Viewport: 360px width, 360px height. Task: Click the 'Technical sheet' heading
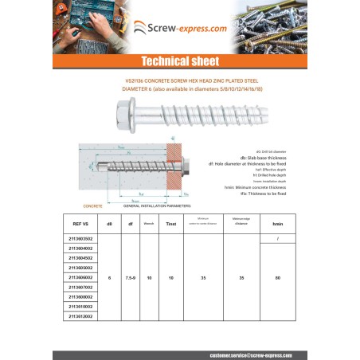pos(179,61)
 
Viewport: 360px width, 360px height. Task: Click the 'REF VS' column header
pos(82,225)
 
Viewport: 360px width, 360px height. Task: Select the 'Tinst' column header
pos(170,225)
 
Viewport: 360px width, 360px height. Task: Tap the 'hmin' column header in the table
pos(277,225)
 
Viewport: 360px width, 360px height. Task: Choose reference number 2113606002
pos(82,278)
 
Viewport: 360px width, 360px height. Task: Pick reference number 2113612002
pos(82,316)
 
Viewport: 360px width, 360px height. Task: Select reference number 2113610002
pos(82,307)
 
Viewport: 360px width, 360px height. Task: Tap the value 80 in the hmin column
pos(277,278)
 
